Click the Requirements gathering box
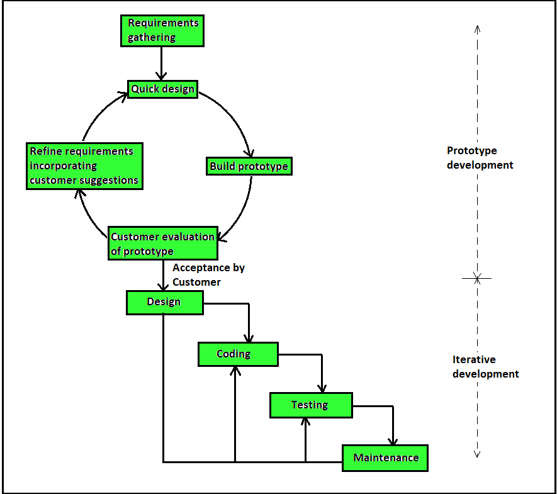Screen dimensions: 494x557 (162, 30)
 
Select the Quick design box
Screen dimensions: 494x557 (162, 89)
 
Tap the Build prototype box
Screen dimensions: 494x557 (249, 166)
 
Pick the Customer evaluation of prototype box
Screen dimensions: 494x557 (162, 244)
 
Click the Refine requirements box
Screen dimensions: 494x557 (84, 166)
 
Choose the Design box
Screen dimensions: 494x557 (164, 302)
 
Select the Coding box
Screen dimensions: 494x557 (237, 354)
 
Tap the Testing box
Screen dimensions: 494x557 (311, 405)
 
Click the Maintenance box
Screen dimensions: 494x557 (385, 458)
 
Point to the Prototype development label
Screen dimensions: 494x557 (480, 158)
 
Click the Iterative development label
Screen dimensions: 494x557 (485, 367)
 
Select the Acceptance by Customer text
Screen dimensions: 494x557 (208, 275)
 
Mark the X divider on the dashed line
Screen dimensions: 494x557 (477, 278)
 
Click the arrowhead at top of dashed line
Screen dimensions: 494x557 (477, 29)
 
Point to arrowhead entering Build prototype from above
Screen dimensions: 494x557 (250, 153)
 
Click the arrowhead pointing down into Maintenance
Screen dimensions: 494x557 (393, 441)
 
